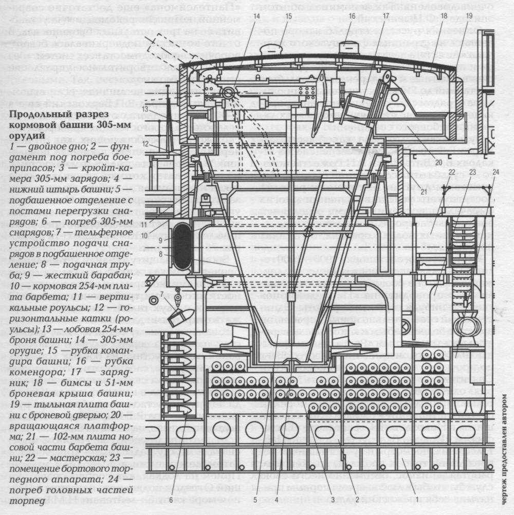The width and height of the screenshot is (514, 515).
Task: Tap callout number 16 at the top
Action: click(x=352, y=16)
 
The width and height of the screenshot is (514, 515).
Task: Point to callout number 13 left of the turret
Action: click(x=146, y=109)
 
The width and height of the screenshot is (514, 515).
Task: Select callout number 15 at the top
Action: click(x=289, y=16)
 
